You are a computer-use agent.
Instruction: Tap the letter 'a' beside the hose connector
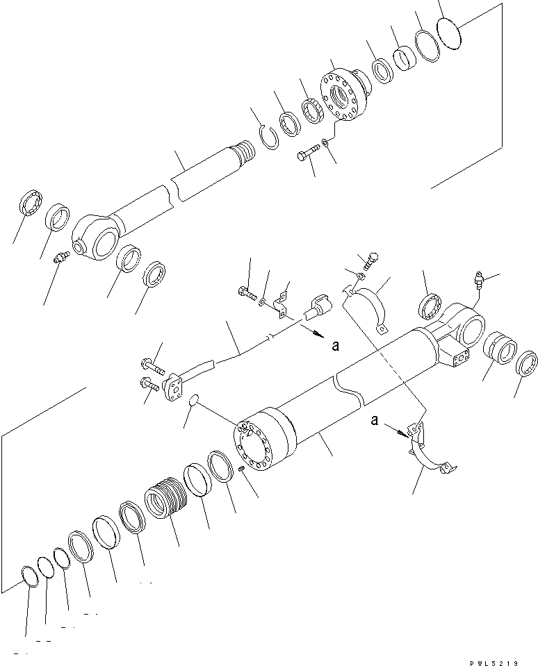click(336, 345)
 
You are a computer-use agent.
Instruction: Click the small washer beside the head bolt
click(327, 143)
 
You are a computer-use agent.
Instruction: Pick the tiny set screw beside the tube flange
click(241, 471)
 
